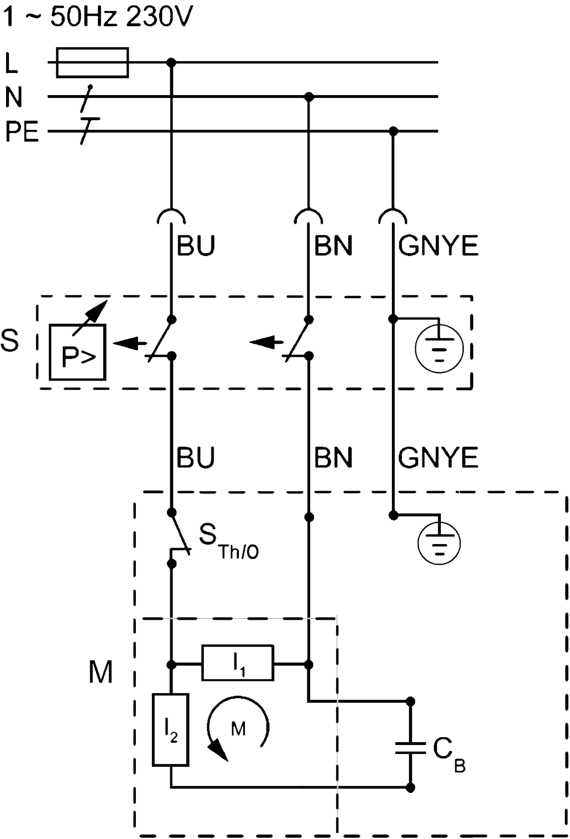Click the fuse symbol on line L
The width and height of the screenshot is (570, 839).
pyautogui.click(x=93, y=62)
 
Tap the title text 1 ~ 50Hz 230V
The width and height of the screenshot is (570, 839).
pyautogui.click(x=97, y=18)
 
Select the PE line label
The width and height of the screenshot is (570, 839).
pyautogui.click(x=22, y=132)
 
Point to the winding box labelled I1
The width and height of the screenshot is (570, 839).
pyautogui.click(x=238, y=663)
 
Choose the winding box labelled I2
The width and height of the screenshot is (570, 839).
pyautogui.click(x=171, y=730)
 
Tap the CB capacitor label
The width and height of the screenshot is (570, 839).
pyautogui.click(x=449, y=755)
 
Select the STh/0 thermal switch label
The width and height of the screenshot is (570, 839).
pyautogui.click(x=228, y=542)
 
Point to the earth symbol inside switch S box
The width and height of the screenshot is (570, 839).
pyautogui.click(x=439, y=349)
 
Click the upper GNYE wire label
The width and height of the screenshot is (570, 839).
pyautogui.click(x=438, y=245)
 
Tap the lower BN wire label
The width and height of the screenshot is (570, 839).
pyautogui.click(x=333, y=457)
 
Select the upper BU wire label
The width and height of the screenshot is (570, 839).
pyautogui.click(x=195, y=245)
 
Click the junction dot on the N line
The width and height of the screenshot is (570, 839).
pyautogui.click(x=309, y=97)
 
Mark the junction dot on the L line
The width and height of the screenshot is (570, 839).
pyautogui.click(x=171, y=62)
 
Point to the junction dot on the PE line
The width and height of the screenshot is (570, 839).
pyautogui.click(x=394, y=132)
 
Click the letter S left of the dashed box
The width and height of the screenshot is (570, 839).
pyautogui.click(x=10, y=340)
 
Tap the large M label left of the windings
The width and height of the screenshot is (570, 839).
pyautogui.click(x=101, y=672)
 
